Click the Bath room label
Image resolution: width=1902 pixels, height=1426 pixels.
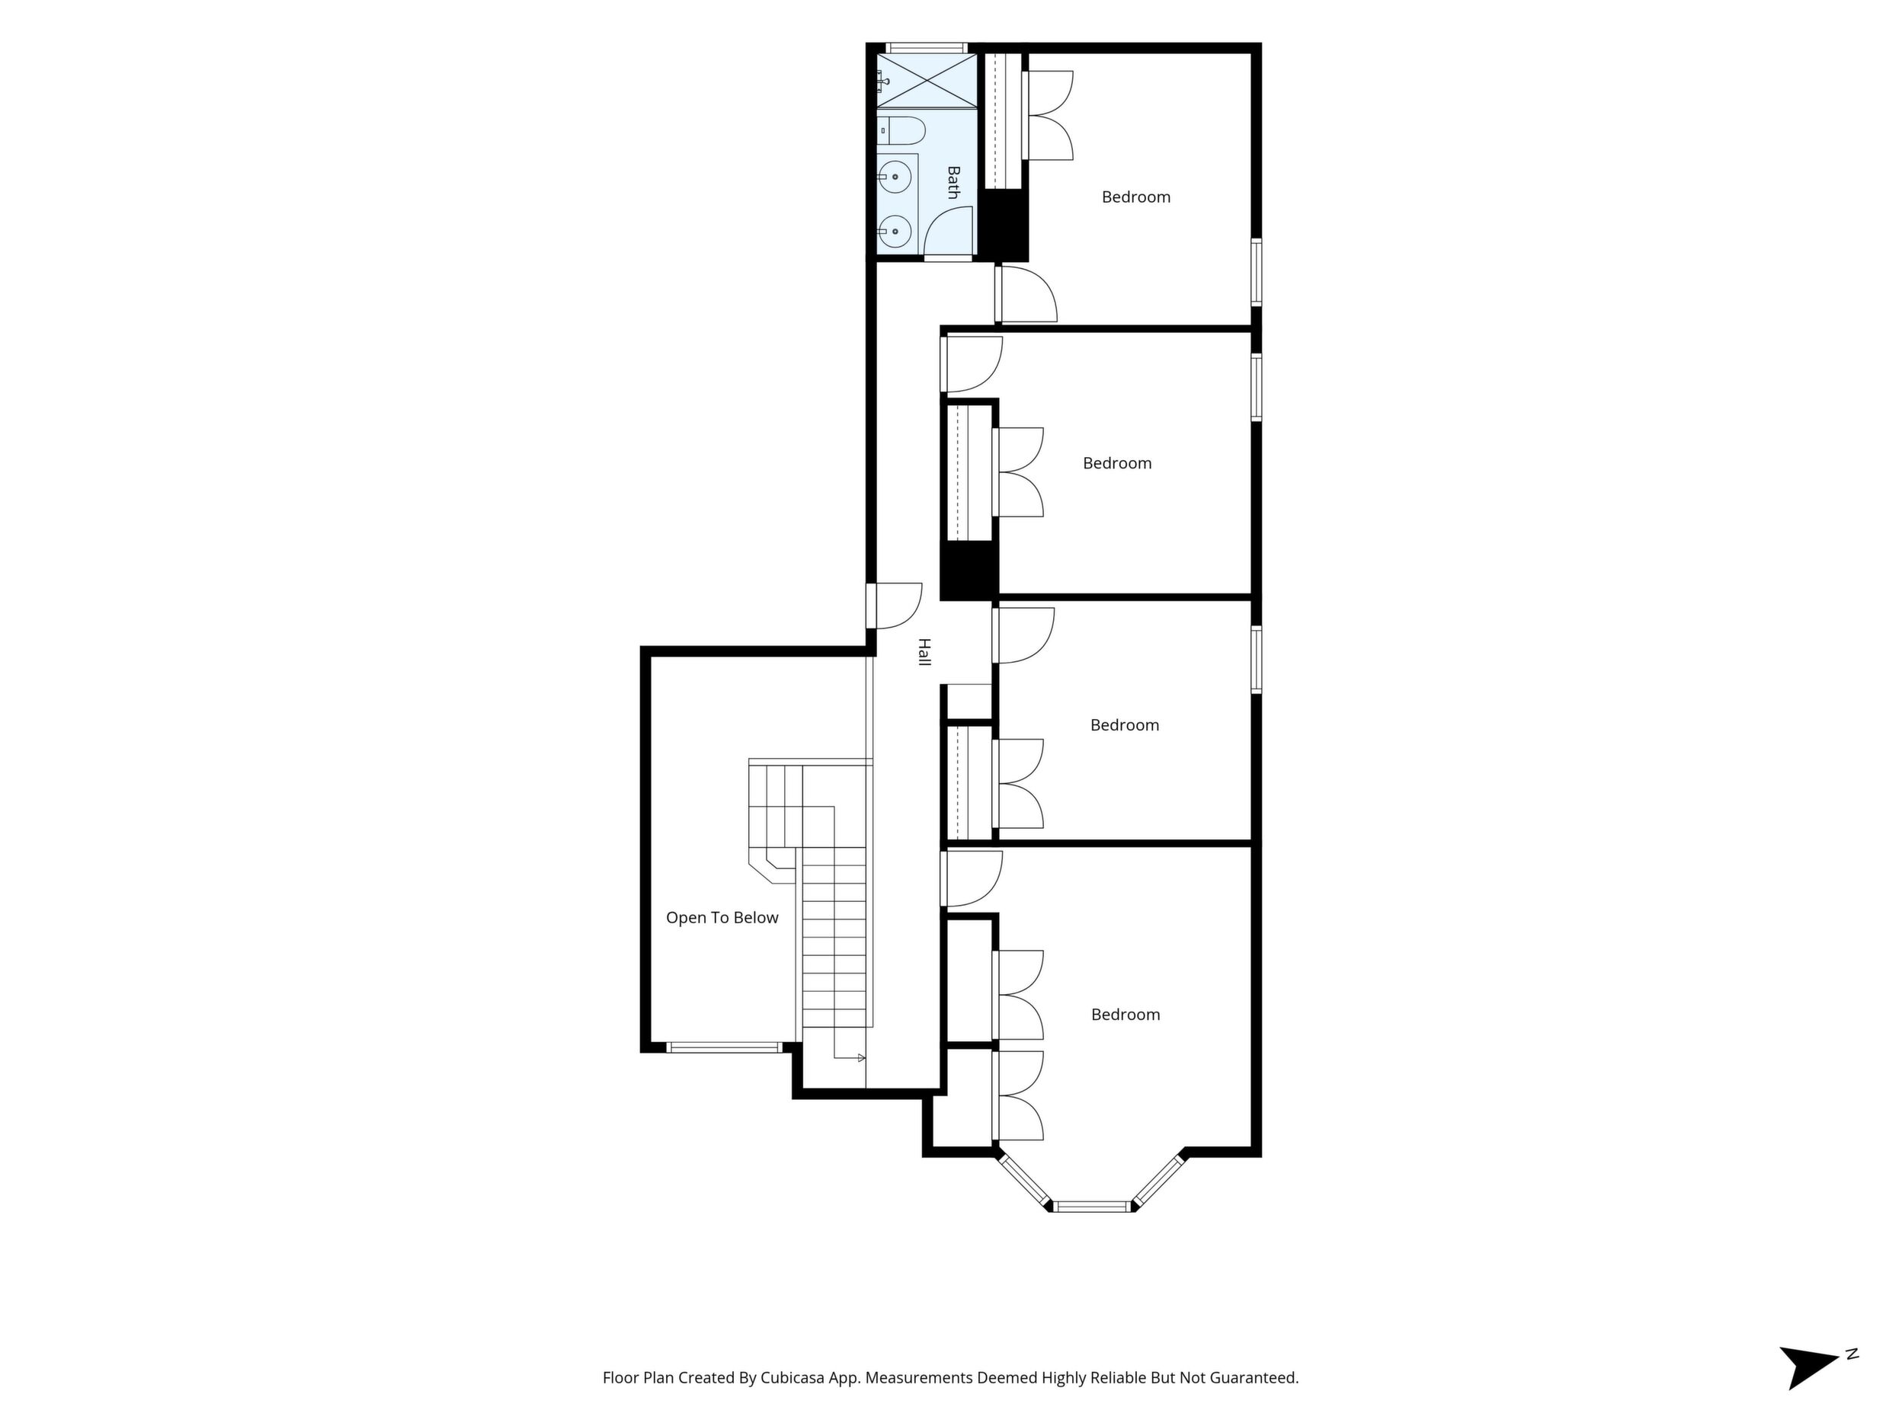pos(953,182)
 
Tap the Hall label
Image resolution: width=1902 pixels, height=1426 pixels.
pos(924,651)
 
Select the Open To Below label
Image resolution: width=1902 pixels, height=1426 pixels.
pos(722,917)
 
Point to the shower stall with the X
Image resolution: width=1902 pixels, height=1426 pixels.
pos(927,80)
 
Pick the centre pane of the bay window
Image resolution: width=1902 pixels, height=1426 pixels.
pos(1091,1206)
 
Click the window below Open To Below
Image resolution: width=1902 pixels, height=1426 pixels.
pos(723,1047)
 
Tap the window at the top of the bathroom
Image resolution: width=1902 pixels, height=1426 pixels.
pos(927,48)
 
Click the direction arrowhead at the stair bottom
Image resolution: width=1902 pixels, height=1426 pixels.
pos(861,1058)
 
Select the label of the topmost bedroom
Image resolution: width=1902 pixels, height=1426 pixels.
pos(1136,197)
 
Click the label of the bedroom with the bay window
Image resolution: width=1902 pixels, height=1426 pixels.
pos(1126,1015)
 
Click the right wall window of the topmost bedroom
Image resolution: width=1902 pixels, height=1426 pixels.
pos(1257,272)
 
